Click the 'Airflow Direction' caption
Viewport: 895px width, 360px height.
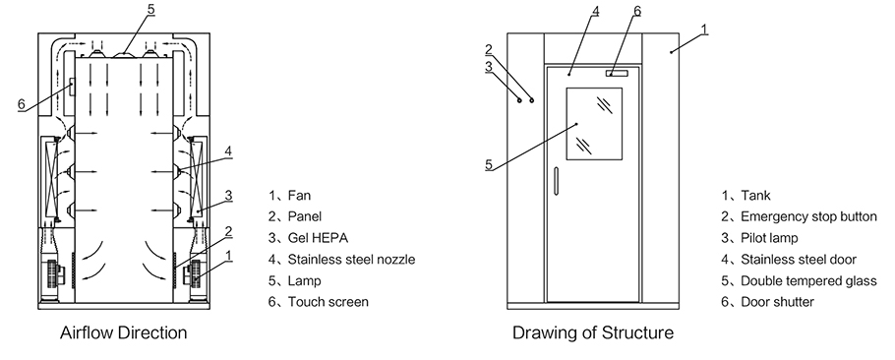tap(123, 332)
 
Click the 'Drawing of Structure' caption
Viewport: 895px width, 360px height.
tap(592, 332)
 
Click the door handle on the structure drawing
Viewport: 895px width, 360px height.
tap(556, 180)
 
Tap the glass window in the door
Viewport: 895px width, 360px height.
tap(594, 124)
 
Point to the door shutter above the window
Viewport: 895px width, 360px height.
tap(617, 73)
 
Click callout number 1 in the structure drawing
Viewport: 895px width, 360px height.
tap(704, 30)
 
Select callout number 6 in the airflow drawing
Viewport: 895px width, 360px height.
tap(21, 104)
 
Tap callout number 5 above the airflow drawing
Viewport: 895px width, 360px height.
tap(150, 10)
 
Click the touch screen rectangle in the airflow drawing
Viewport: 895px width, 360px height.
tap(70, 88)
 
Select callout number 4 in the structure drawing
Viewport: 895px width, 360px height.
tap(595, 12)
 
